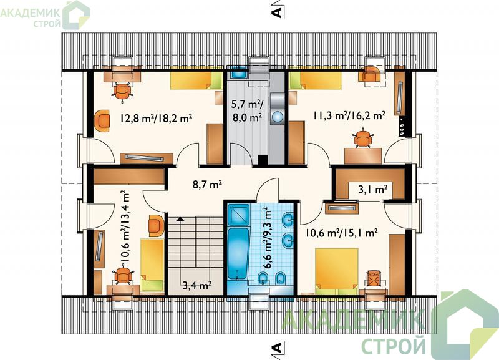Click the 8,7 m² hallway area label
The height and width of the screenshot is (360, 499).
tap(207, 184)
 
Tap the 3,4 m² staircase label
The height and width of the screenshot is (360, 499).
tap(197, 285)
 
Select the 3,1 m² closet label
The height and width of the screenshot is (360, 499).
tap(373, 190)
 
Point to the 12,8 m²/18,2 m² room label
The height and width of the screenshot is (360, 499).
tap(156, 119)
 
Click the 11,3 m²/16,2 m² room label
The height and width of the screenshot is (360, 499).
tap(349, 115)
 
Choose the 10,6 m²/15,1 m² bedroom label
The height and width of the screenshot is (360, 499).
tap(341, 233)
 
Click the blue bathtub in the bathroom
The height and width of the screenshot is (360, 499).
tap(238, 254)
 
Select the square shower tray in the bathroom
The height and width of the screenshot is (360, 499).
tap(239, 215)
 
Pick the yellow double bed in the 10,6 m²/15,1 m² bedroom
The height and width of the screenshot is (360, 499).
tap(337, 271)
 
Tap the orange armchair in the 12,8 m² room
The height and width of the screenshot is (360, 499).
tap(102, 120)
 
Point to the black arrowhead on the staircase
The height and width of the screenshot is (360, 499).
tap(180, 219)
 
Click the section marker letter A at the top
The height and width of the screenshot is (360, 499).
tap(277, 12)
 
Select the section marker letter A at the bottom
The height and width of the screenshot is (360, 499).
tap(277, 348)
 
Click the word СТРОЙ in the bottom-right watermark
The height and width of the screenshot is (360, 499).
tap(394, 346)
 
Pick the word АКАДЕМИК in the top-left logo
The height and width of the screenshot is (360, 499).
tap(31, 13)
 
